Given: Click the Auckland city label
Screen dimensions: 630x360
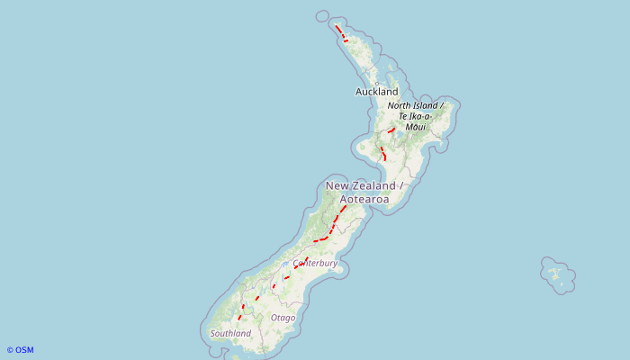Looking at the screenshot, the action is [376, 92].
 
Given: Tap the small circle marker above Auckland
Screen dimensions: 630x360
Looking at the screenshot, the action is [376, 84].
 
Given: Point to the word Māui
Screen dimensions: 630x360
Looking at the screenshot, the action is [415, 127].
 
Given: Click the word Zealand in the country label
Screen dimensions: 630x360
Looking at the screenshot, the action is [373, 185].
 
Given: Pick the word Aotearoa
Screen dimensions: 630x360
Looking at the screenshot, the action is [364, 198].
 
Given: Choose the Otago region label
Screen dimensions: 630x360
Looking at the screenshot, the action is [283, 318].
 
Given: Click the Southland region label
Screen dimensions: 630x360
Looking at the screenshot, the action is [230, 334].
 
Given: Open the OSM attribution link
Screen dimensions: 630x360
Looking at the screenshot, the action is [20, 350].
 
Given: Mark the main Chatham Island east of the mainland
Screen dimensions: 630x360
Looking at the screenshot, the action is [555, 272].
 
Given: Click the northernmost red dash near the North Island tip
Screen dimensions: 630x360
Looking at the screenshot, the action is [338, 30].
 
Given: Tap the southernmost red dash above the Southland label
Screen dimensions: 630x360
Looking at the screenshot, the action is [240, 317].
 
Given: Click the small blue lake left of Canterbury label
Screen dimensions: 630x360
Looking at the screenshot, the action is [285, 264].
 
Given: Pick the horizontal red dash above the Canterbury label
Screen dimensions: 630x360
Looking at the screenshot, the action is [320, 240].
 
